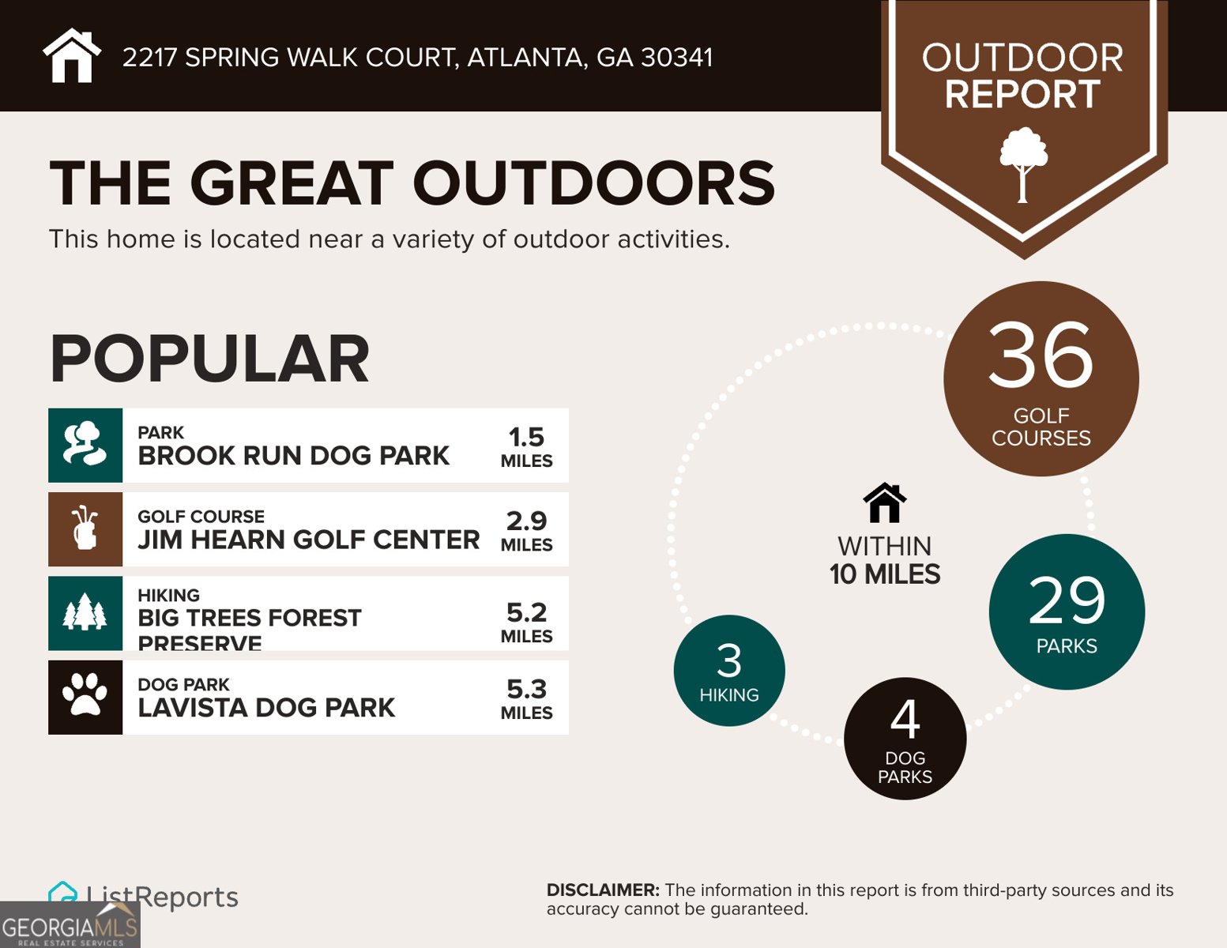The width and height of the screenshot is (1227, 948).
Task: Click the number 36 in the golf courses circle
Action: (x=1041, y=355)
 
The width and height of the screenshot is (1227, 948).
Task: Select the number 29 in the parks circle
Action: (x=1067, y=600)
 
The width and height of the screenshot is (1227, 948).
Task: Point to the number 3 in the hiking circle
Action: (x=729, y=661)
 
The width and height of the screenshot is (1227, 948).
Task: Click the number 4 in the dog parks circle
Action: (x=905, y=720)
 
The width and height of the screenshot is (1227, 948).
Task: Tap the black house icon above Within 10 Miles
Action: (x=885, y=503)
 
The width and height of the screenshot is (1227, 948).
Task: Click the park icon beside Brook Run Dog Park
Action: (x=85, y=446)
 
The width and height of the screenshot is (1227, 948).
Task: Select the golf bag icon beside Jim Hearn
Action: (x=85, y=529)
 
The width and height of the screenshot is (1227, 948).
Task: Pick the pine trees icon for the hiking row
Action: (x=85, y=614)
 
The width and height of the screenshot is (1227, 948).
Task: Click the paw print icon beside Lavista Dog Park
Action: (x=85, y=697)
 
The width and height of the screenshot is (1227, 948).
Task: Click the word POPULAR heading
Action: (x=209, y=359)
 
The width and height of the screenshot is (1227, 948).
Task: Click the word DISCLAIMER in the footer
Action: (x=603, y=890)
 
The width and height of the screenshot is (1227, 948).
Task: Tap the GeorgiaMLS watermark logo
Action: (x=70, y=926)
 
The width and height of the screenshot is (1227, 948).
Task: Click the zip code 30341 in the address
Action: (x=677, y=58)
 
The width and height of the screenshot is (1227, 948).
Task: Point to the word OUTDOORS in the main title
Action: (x=593, y=183)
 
